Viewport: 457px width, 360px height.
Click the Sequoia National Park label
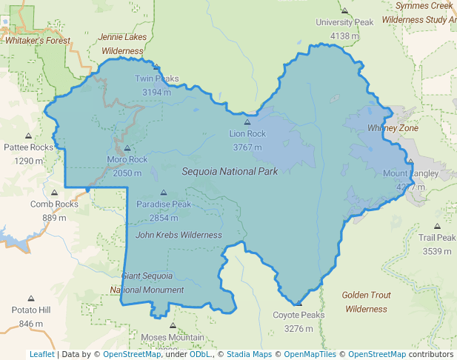pyautogui.click(x=230, y=171)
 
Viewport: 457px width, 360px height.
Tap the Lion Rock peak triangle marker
pyautogui.click(x=247, y=122)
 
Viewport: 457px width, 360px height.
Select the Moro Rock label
pyautogui.click(x=127, y=159)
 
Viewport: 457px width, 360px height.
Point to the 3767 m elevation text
pyautogui.click(x=247, y=147)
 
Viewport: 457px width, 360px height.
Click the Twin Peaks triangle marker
pyautogui.click(x=156, y=67)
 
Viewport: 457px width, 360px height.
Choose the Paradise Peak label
pyautogui.click(x=164, y=204)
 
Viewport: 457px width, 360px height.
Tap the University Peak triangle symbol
pyautogui.click(x=344, y=10)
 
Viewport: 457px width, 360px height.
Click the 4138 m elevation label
pyautogui.click(x=344, y=36)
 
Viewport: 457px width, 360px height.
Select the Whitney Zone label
pyautogui.click(x=393, y=128)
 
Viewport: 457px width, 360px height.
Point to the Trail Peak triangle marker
pyautogui.click(x=437, y=227)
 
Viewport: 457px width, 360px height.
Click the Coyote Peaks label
pyautogui.click(x=298, y=315)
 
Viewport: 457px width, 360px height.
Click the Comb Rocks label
pyautogui.click(x=54, y=204)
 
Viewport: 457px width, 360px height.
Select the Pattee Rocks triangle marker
pyautogui.click(x=29, y=136)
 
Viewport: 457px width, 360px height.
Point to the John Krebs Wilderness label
pyautogui.click(x=179, y=235)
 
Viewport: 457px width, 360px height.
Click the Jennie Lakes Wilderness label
pyautogui.click(x=122, y=44)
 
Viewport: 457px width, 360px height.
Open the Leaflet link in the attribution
pyautogui.click(x=41, y=354)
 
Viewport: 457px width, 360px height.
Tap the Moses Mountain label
pyautogui.click(x=172, y=338)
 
